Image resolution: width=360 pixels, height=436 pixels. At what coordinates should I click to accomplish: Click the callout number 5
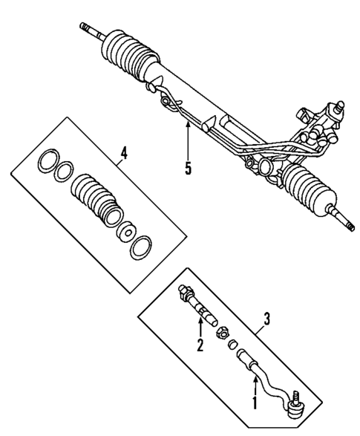(189, 168)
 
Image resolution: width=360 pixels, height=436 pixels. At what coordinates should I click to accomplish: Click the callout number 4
(124, 154)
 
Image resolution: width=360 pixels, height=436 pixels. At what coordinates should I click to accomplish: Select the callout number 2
(199, 344)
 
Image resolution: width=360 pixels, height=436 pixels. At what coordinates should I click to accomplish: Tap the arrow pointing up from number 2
(198, 325)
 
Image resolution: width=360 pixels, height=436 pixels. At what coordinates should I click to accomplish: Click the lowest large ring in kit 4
(140, 247)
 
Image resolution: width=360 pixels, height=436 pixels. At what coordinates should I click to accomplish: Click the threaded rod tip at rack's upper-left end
(89, 29)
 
